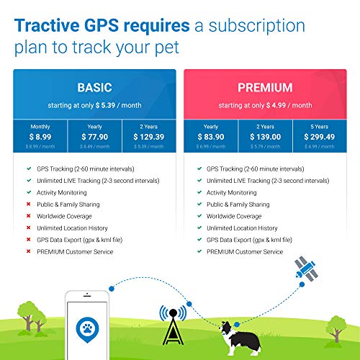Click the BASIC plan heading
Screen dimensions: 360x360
point(94,88)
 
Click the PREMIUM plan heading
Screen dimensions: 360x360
point(264,88)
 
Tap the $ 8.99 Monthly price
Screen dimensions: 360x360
point(40,137)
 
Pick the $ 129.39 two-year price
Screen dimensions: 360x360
point(148,137)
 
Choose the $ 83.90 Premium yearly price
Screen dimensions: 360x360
point(210,137)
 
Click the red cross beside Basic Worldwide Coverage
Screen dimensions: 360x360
point(27,217)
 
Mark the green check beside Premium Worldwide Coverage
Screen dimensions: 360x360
point(197,217)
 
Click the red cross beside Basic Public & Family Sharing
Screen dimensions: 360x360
point(27,204)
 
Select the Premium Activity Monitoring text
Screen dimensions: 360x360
point(232,193)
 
